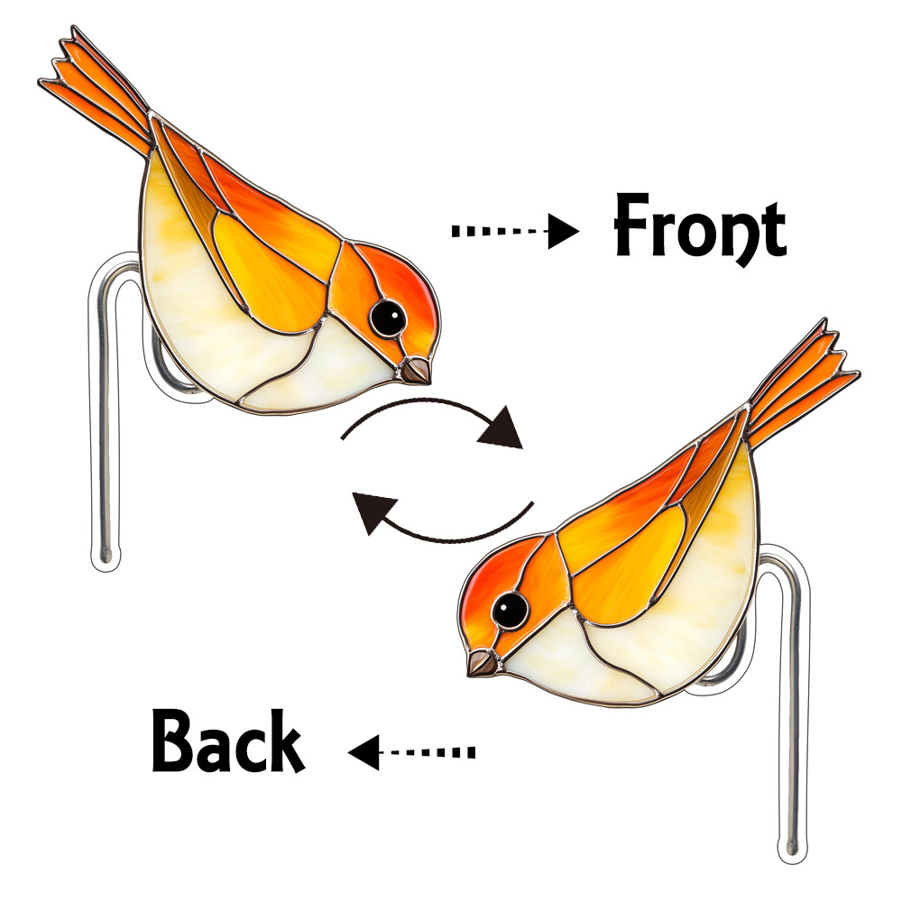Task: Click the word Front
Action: pyautogui.click(x=699, y=227)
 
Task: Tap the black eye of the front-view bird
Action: pyautogui.click(x=389, y=316)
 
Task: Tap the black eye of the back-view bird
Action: pyautogui.click(x=511, y=610)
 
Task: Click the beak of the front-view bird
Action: pyautogui.click(x=417, y=370)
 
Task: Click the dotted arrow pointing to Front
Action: pyautogui.click(x=514, y=232)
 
